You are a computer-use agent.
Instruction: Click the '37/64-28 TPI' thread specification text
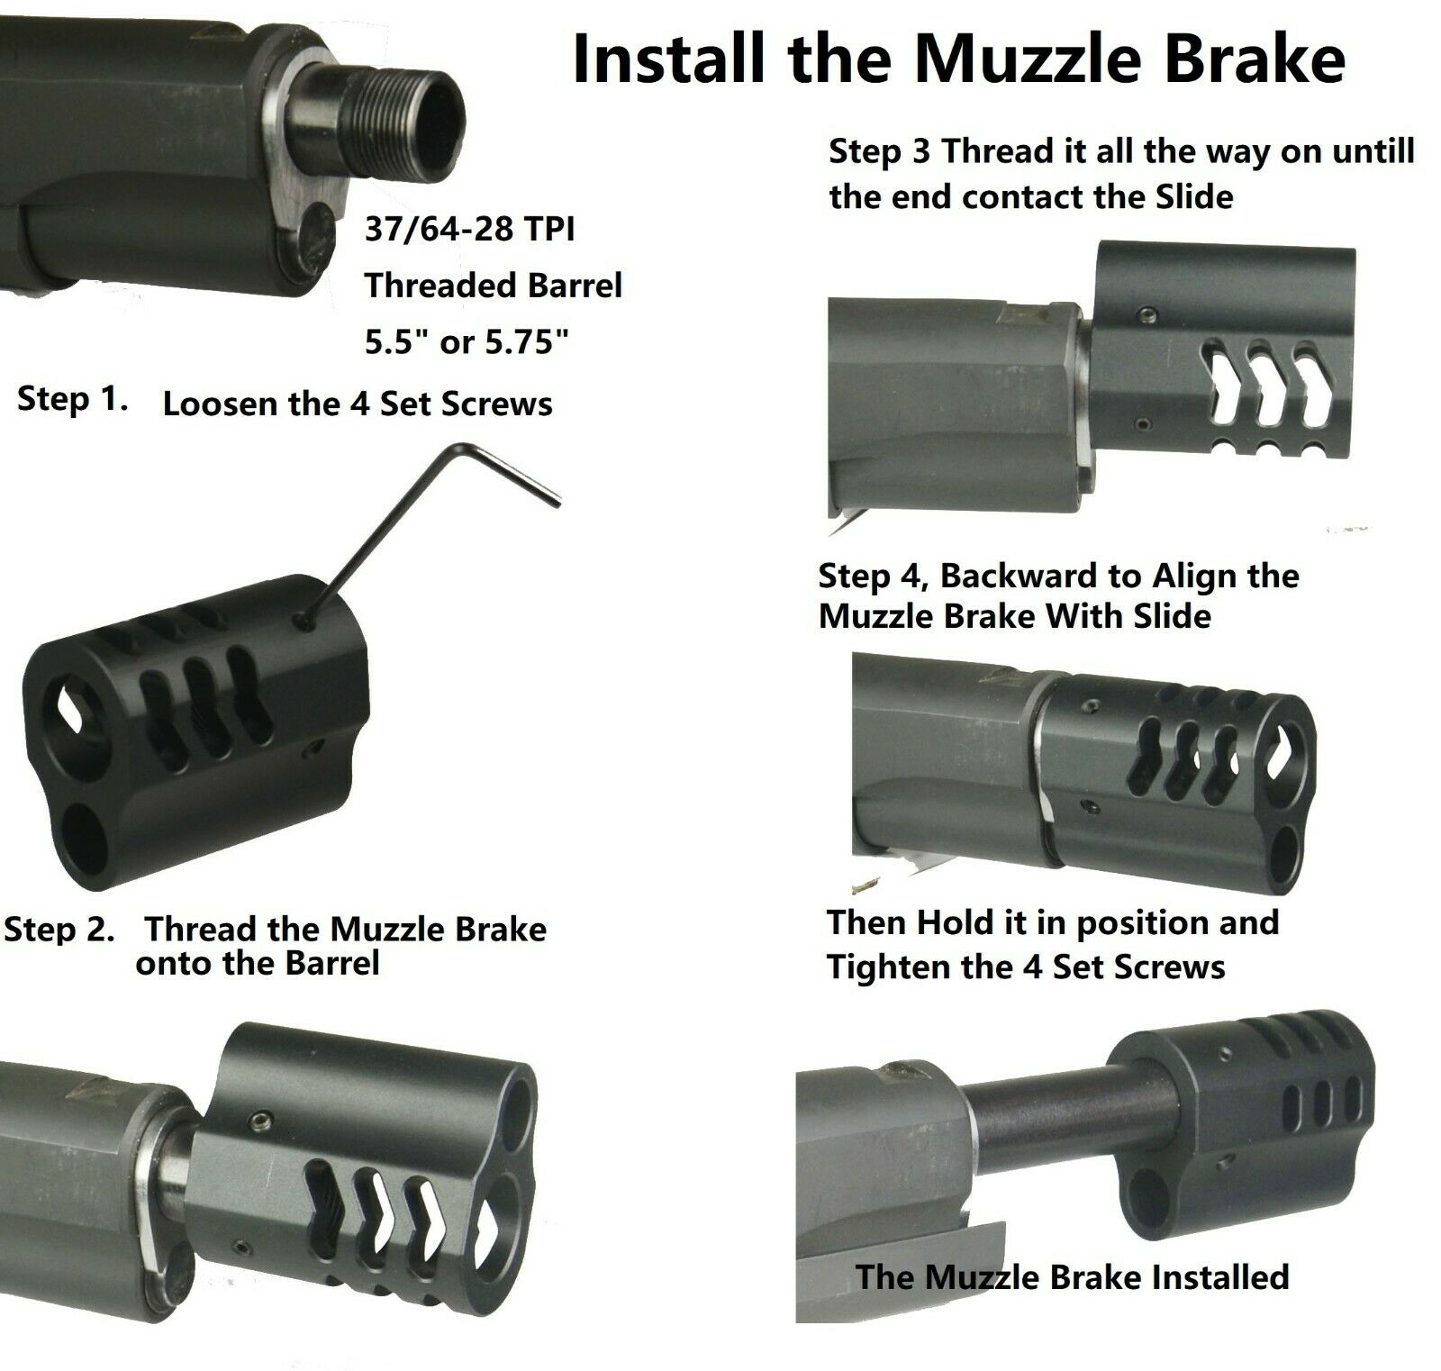coord(469,231)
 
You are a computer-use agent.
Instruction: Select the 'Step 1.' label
coord(71,399)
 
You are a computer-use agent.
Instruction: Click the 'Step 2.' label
coord(59,930)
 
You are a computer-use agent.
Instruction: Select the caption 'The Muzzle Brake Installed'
coord(1072,1276)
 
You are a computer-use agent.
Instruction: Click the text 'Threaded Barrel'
coord(494,286)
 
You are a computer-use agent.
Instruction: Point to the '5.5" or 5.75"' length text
coord(467,342)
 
